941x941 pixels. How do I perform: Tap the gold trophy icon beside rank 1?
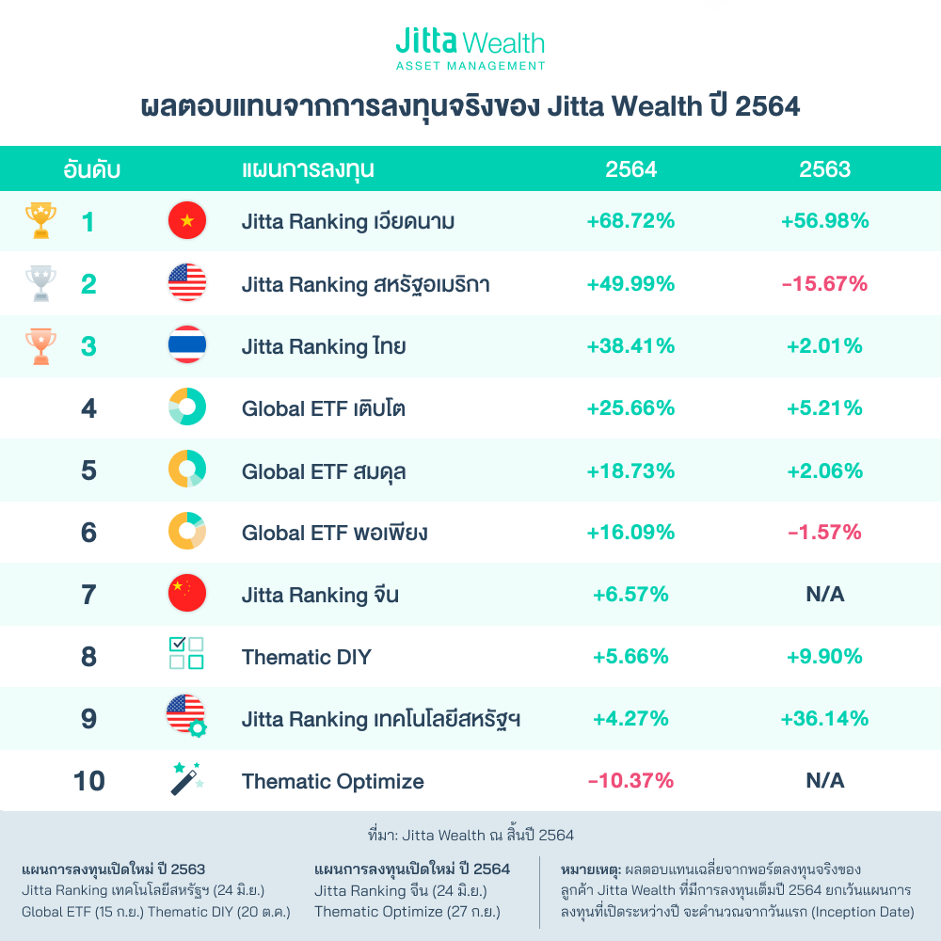coord(40,221)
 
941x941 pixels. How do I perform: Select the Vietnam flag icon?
coord(186,221)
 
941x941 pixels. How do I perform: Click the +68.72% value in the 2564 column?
coord(630,222)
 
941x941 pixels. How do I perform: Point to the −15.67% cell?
coord(824,283)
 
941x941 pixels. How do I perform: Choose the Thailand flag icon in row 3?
coord(186,345)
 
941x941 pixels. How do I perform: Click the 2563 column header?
coord(824,169)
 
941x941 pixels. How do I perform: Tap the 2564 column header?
coord(630,169)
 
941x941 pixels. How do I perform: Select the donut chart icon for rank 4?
coord(186,407)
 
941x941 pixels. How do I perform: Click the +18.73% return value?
coord(630,470)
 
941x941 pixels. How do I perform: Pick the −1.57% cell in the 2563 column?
coord(824,533)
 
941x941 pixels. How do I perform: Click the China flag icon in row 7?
coord(186,594)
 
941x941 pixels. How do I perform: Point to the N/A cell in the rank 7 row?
coord(824,595)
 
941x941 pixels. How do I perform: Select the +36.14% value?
coord(824,719)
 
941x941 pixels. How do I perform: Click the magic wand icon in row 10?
coord(186,780)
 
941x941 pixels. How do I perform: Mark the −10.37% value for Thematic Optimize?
coord(630,781)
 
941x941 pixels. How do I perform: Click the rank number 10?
coord(88,781)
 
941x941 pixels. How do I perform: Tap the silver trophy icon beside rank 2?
coord(40,283)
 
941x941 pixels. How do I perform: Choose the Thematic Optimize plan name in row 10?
coord(332,781)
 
